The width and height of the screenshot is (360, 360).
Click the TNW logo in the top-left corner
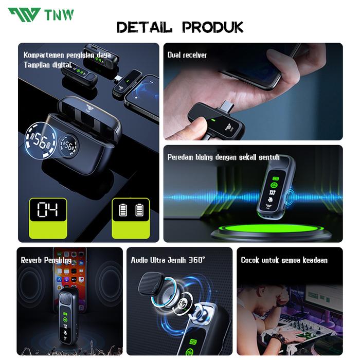(41, 14)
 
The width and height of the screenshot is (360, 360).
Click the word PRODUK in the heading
(216, 27)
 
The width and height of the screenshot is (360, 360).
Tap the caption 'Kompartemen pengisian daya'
(67, 55)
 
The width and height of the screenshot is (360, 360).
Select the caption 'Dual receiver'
(187, 55)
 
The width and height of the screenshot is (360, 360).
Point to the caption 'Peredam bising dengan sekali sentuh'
(223, 157)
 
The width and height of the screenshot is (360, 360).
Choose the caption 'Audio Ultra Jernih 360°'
(168, 260)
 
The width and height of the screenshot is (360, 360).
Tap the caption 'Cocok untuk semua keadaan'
(284, 260)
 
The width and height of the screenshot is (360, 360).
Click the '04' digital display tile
(47, 211)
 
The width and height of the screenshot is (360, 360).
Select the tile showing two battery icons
(131, 211)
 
